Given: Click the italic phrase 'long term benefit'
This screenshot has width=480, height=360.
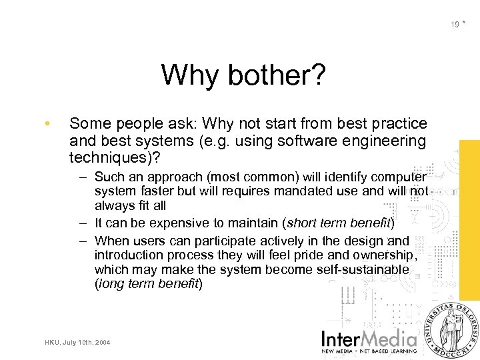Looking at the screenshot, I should click(x=148, y=284).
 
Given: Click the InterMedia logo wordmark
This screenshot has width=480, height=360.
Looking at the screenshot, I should click(x=369, y=337).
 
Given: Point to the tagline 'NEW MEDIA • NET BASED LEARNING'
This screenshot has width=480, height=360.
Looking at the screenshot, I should click(x=369, y=350).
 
